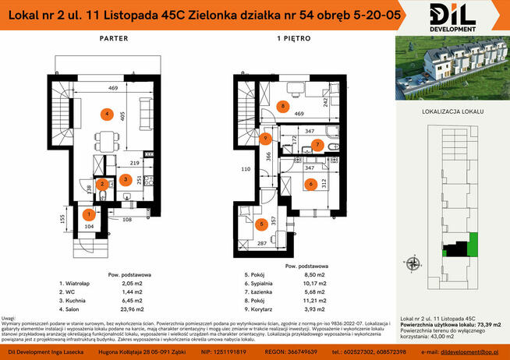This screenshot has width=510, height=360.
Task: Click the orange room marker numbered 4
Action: (x=104, y=115)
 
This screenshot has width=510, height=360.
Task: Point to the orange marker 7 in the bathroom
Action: (x=317, y=145)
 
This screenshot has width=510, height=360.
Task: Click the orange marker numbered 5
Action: (x=260, y=224)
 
